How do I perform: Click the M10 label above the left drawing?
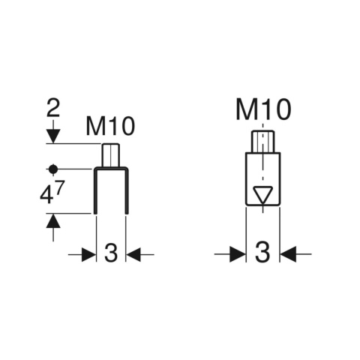(x=110, y=126)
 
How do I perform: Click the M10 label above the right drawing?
(x=263, y=109)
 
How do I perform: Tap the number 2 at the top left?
(x=53, y=108)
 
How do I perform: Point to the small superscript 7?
(x=60, y=186)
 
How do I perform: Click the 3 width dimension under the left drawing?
(x=111, y=253)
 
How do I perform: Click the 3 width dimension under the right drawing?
(x=262, y=252)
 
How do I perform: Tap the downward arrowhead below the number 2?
(x=53, y=136)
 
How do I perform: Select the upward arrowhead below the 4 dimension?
(x=53, y=220)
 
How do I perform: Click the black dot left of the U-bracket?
(x=53, y=169)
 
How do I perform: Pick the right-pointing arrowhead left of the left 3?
(x=89, y=255)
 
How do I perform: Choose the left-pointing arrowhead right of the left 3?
(x=133, y=255)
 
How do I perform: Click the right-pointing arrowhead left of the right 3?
(x=238, y=254)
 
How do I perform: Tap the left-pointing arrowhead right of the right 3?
(x=288, y=254)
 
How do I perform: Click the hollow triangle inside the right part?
(x=262, y=195)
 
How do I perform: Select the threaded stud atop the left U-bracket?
(x=110, y=155)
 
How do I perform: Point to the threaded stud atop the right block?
(x=262, y=142)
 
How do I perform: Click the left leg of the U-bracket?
(x=95, y=191)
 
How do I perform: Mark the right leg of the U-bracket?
(x=127, y=191)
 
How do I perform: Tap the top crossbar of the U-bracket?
(x=111, y=169)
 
